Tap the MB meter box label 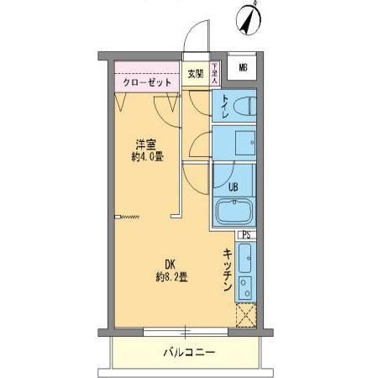coord(243,68)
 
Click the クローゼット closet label coord(147,83)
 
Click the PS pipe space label coord(246,235)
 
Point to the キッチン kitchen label coord(228,271)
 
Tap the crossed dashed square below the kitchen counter coord(245,315)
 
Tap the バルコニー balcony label coord(188,352)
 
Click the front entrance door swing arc coord(194,38)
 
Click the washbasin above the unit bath coord(244,143)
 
